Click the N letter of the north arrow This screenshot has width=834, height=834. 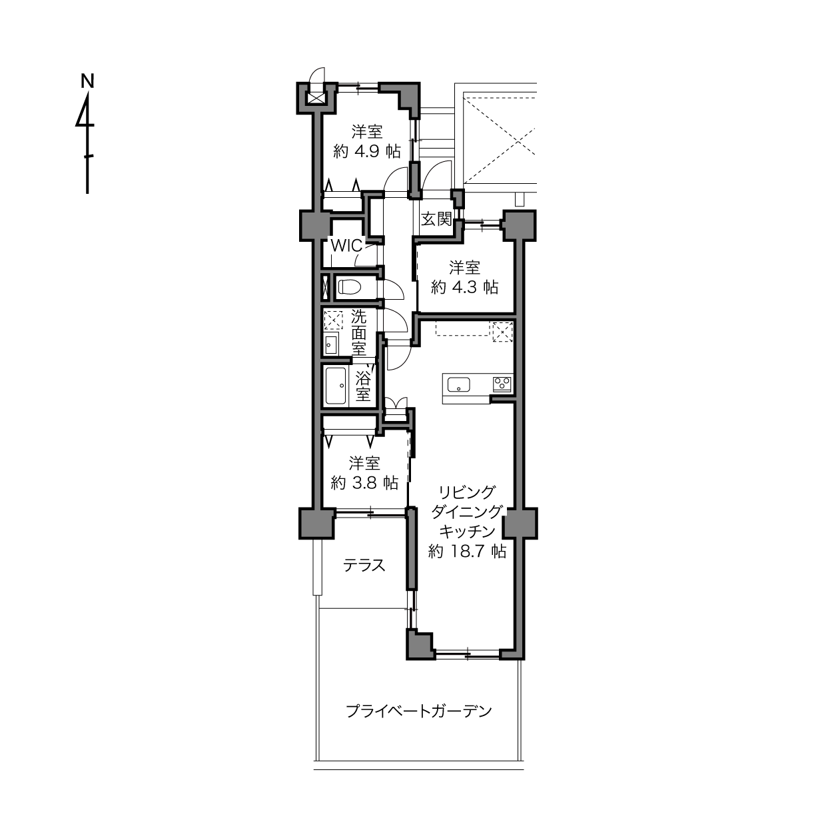88,81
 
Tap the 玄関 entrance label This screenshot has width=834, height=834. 436,219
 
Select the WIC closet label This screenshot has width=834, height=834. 346,246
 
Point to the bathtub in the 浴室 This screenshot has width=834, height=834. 336,386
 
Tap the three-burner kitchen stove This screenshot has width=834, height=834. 502,384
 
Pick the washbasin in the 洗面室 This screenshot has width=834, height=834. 332,344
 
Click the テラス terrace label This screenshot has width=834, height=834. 364,566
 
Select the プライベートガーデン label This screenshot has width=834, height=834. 419,711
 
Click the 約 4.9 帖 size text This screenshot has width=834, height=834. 366,151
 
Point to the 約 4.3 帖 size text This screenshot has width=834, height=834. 464,287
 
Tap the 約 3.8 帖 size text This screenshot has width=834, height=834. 364,482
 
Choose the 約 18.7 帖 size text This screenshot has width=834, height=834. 467,552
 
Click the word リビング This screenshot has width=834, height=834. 466,492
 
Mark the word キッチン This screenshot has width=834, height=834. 467,532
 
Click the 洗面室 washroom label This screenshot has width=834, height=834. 359,333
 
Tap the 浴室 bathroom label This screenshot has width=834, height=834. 363,386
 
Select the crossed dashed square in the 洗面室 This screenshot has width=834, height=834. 334,321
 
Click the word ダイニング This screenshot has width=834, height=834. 467,512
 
